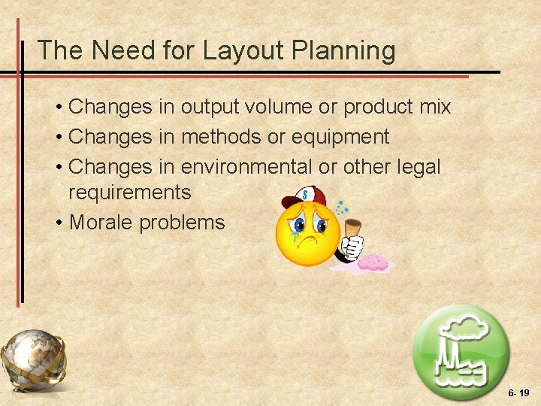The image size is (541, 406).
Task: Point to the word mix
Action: click(x=435, y=107)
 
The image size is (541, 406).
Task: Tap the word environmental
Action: click(x=246, y=166)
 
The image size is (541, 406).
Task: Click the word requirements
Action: click(x=129, y=192)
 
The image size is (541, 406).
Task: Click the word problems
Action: click(x=184, y=223)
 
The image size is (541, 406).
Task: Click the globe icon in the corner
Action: click(x=33, y=359)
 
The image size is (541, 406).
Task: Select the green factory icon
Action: click(x=461, y=353)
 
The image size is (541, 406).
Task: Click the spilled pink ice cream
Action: click(x=373, y=262)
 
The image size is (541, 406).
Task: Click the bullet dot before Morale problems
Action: click(x=58, y=223)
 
